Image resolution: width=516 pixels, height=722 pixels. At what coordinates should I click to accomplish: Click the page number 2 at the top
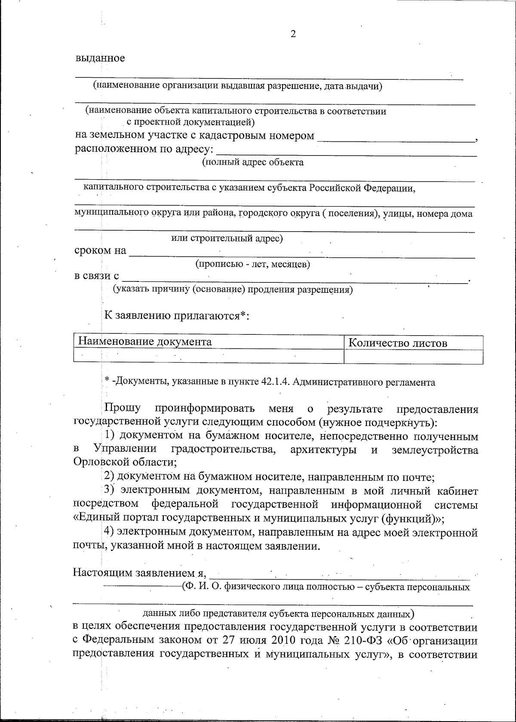pos(293,34)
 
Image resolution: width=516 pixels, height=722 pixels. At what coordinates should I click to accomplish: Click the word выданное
pos(101,58)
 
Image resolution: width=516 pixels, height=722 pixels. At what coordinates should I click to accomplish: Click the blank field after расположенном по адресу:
pos(347,152)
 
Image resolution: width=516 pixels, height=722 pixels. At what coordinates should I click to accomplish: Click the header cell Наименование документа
pos(144,342)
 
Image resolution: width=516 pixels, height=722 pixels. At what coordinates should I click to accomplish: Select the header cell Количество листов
pos(397,343)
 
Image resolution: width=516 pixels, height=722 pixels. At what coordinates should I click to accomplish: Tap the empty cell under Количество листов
pos(413,356)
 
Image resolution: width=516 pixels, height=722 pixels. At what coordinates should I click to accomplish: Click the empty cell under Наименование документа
pos(209,356)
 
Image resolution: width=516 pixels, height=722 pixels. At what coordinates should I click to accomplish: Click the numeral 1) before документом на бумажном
pos(110,436)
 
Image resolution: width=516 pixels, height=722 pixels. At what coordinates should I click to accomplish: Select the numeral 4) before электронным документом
pos(110,533)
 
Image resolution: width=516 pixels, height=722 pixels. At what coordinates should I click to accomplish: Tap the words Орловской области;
pos(125,462)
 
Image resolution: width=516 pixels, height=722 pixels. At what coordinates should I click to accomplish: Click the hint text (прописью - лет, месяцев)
pos(253,264)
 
